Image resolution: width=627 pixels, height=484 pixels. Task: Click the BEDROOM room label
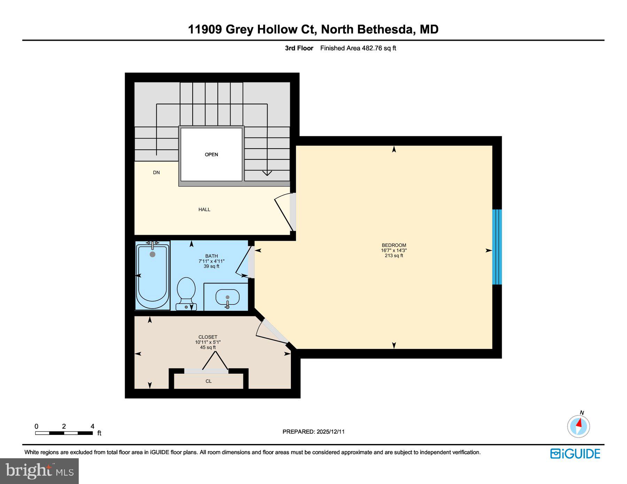pos(394,245)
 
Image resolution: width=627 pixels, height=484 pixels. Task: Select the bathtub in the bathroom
pos(152,276)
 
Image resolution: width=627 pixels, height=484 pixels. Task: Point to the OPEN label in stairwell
pos(211,154)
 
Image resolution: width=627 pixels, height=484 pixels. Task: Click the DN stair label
pos(156,173)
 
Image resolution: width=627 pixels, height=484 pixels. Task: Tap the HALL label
pos(204,209)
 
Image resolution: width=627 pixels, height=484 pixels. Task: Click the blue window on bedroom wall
pos(497,247)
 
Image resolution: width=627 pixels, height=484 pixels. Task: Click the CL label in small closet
pos(208,381)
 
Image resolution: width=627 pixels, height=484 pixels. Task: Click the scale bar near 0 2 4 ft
pos(64,433)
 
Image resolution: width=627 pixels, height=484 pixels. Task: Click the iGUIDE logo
pos(575,454)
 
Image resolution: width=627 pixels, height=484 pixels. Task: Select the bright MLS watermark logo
pos(39,471)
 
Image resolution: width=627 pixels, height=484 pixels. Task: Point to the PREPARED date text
pos(313,431)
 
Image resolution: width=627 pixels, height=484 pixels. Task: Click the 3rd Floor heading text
pos(299,48)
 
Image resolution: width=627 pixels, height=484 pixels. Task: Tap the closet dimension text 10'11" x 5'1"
pos(208,342)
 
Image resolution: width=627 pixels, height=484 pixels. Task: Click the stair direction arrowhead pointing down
pos(267,173)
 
